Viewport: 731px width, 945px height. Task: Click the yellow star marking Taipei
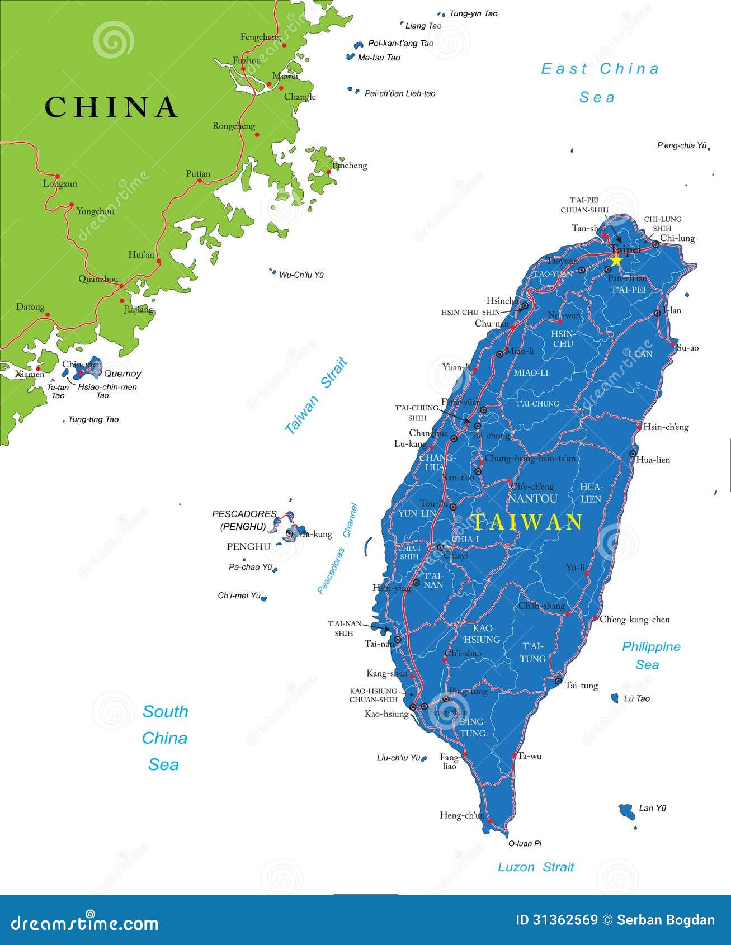(x=616, y=260)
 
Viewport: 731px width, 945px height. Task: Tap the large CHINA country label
(x=111, y=107)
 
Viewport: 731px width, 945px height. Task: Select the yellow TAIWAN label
(x=527, y=522)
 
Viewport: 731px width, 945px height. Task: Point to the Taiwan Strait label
(x=316, y=396)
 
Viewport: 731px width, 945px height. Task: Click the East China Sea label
(x=600, y=83)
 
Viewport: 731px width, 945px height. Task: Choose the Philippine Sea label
(x=650, y=655)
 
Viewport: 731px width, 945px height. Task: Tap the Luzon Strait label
(x=536, y=867)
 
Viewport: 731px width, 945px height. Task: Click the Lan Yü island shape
(x=626, y=810)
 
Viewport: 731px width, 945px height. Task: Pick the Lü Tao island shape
(x=615, y=698)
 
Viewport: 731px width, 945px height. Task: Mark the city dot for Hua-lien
(x=633, y=454)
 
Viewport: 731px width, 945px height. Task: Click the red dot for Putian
(x=199, y=181)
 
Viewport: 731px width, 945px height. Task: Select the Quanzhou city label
(x=98, y=279)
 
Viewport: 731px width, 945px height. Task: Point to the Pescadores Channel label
(x=337, y=549)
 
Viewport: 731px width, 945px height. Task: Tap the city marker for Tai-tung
(x=558, y=681)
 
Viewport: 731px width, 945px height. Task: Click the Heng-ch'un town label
(x=462, y=815)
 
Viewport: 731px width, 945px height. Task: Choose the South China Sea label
(x=164, y=738)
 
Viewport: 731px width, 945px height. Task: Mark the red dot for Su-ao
(x=673, y=344)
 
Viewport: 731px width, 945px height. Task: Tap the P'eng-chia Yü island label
(x=682, y=145)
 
